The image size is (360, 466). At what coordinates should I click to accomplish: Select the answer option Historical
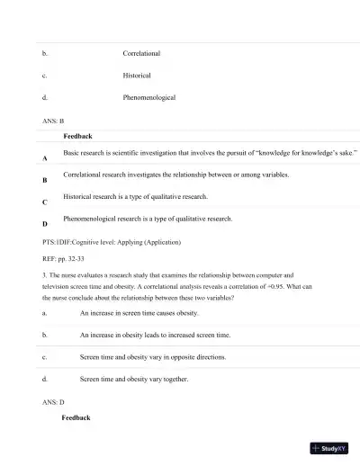click(137, 76)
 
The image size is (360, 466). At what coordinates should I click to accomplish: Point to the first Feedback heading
click(77, 136)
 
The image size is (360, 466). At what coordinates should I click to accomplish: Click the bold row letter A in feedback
click(45, 158)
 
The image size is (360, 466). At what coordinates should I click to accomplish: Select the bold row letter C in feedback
click(45, 203)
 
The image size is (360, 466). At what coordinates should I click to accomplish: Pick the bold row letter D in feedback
click(45, 226)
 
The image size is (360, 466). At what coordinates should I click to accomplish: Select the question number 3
click(44, 275)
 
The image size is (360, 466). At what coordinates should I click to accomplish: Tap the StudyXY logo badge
click(328, 448)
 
